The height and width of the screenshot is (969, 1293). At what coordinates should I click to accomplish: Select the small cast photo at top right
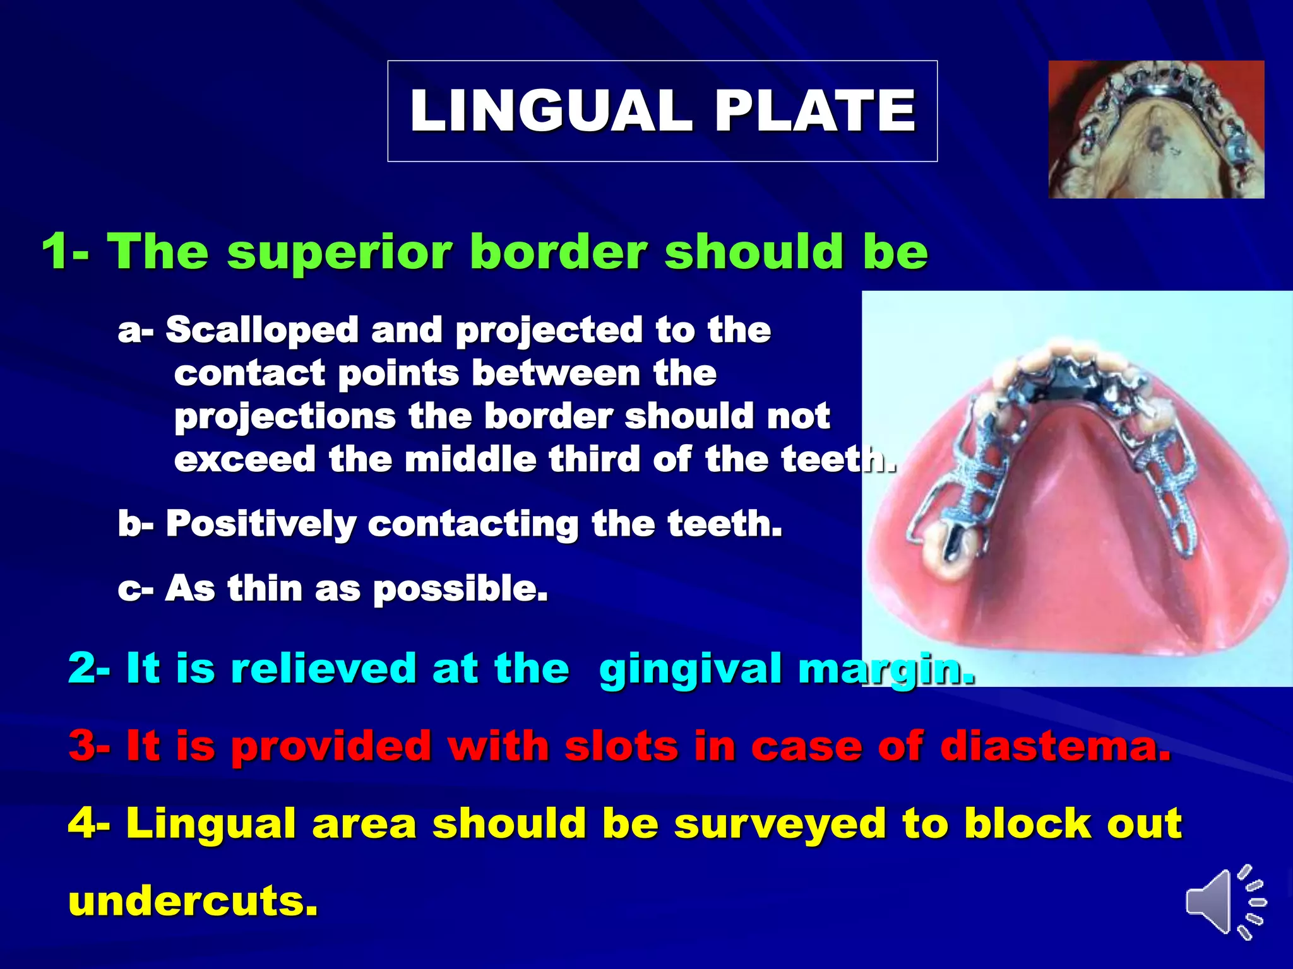(1155, 129)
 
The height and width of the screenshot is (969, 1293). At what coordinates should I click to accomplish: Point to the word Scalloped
(262, 330)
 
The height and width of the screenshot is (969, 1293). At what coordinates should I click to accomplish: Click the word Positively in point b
(261, 524)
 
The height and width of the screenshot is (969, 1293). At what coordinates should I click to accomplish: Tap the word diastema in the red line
(1055, 746)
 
